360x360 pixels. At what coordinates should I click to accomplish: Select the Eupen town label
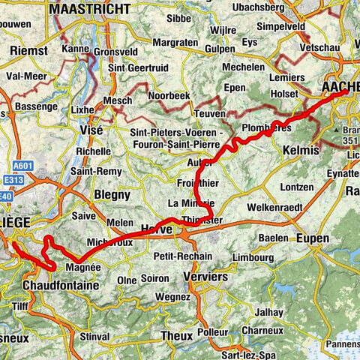click(313, 238)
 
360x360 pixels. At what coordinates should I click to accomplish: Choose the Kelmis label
click(302, 151)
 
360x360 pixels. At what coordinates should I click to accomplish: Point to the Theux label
click(177, 335)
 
